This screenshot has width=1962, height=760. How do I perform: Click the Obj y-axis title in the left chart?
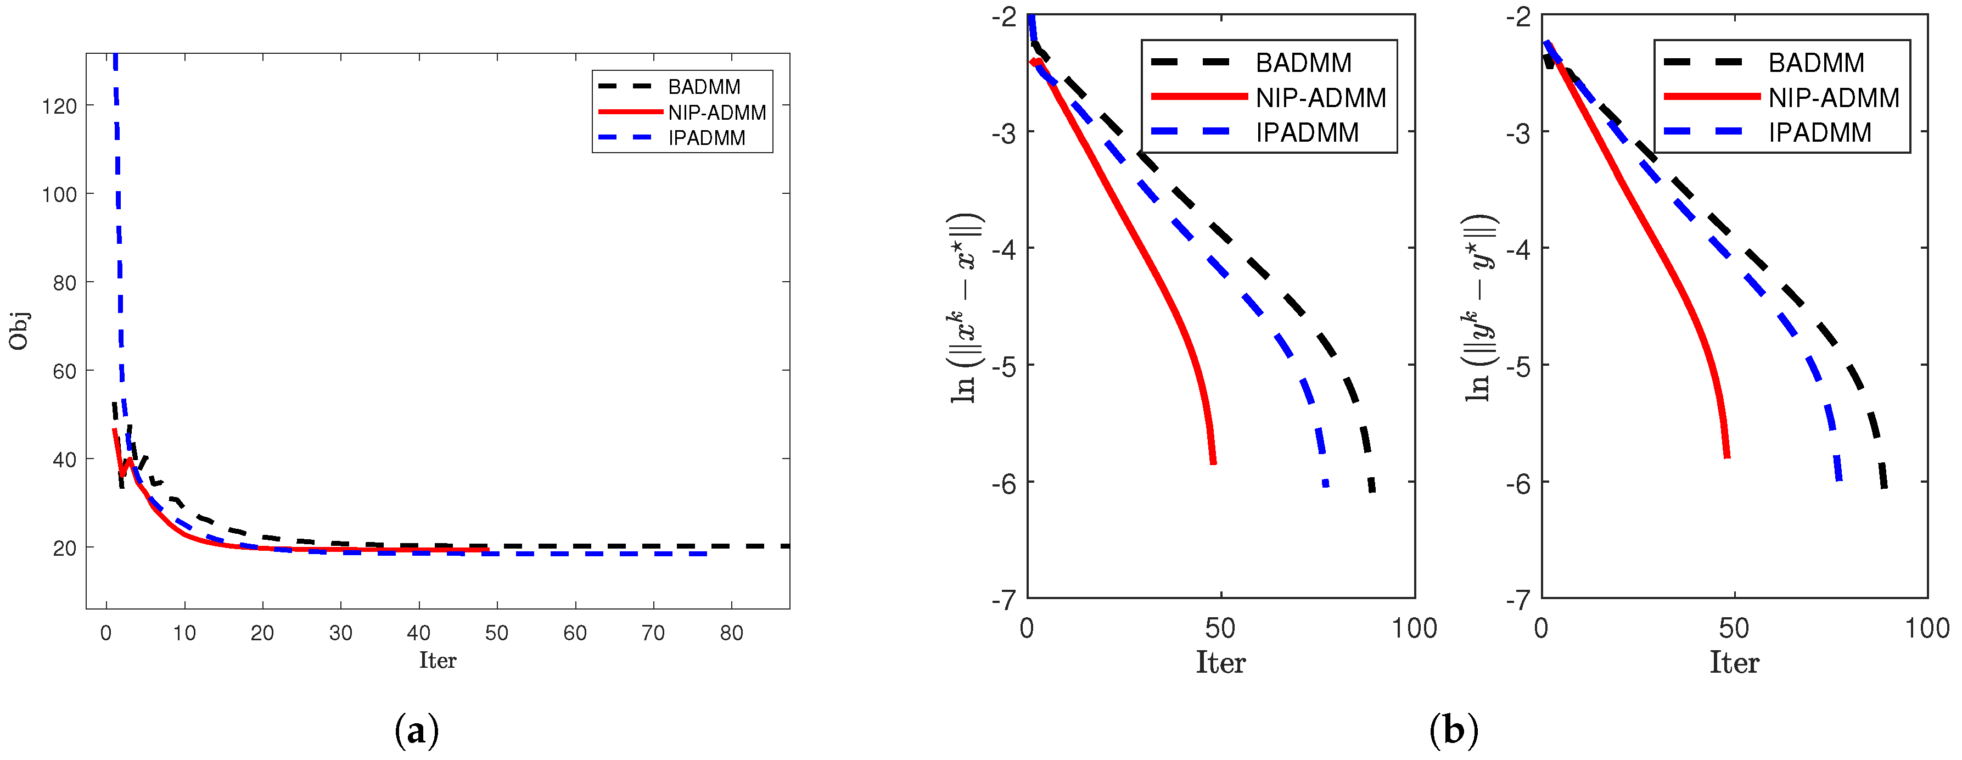point(18,331)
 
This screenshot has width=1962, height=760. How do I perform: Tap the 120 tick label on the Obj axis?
point(59,107)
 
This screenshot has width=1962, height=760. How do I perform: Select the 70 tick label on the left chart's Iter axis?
point(653,633)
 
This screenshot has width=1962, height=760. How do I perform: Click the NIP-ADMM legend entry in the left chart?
point(716,113)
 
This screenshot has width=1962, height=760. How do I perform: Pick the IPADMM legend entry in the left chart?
point(706,138)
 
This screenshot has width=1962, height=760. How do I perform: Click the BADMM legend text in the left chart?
point(704,87)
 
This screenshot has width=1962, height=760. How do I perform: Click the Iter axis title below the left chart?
point(437,660)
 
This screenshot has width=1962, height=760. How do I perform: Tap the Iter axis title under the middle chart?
point(1220,662)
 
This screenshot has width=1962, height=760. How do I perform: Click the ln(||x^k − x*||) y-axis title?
point(966,309)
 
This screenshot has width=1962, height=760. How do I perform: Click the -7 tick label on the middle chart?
point(1004,600)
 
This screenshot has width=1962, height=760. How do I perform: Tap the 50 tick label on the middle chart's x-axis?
point(1220,629)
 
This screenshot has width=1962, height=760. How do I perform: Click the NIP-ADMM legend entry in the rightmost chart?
point(1834,98)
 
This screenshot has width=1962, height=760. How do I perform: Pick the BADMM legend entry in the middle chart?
point(1303,63)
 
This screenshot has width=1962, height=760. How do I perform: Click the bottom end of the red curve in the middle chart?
point(1213,461)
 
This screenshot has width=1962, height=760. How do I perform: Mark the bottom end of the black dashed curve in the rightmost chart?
point(1883,486)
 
